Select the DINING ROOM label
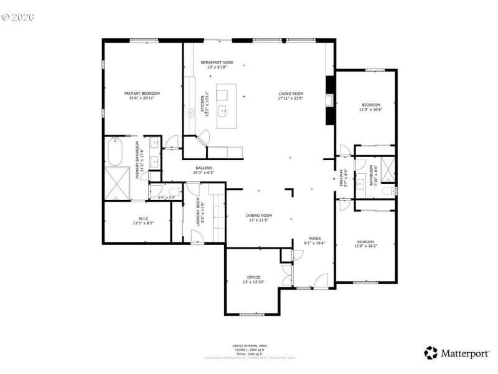[260, 218]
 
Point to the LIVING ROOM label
[290, 95]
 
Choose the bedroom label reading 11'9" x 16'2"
[365, 244]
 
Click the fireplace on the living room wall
[330, 100]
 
